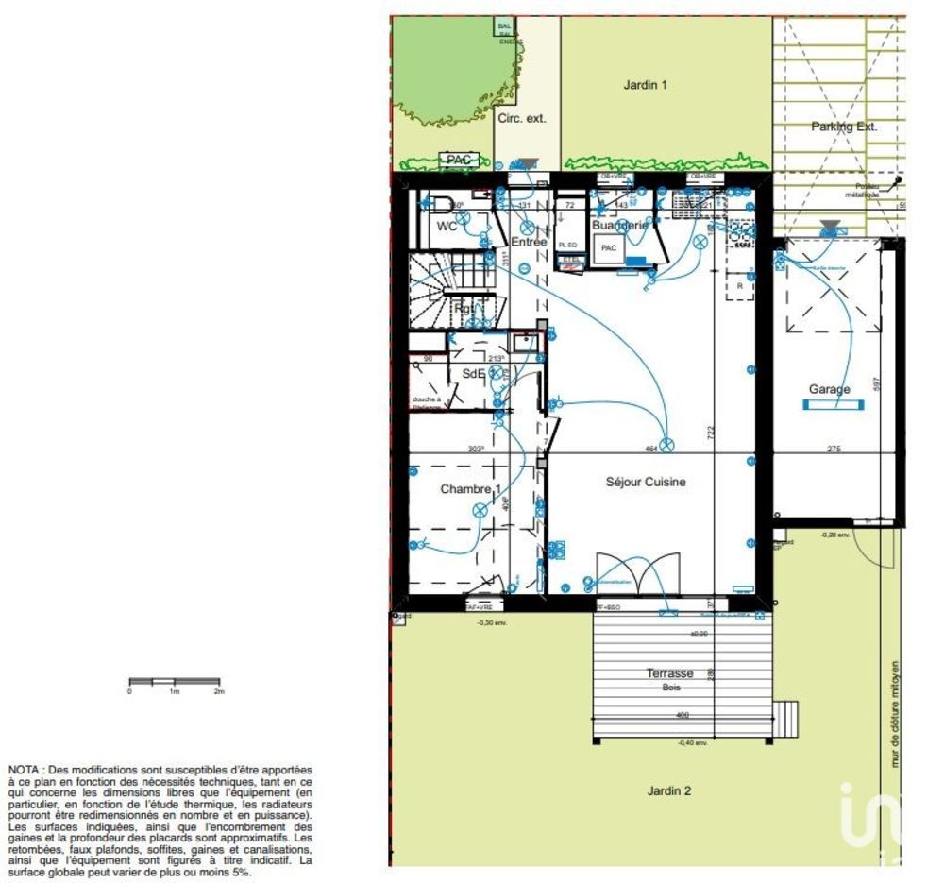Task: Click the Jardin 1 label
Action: pos(646,85)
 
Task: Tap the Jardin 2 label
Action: pos(668,790)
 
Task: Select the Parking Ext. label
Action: pos(844,127)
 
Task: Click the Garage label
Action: pos(828,389)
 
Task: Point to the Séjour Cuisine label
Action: pos(646,482)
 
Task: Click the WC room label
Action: pos(447,227)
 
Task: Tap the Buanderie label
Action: pos(619,226)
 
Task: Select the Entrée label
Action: pos(529,242)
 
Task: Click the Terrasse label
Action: pos(669,673)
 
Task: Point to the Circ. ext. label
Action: pos(522,119)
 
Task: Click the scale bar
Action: pos(175,681)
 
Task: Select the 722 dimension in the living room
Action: pos(711,431)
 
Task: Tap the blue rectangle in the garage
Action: pos(833,405)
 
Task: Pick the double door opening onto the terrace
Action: pos(638,575)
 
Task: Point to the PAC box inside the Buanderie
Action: pos(609,248)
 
